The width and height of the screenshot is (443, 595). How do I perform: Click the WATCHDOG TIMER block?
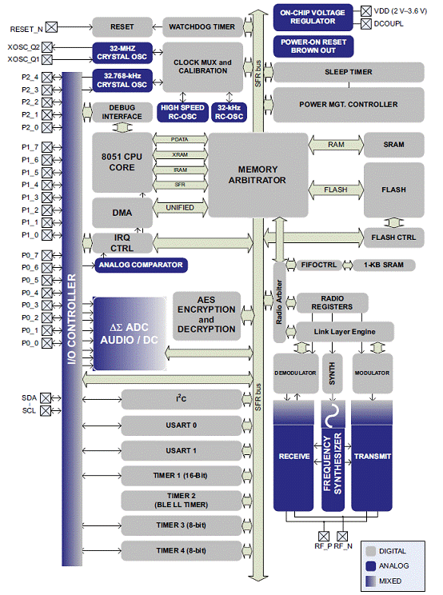coord(202,27)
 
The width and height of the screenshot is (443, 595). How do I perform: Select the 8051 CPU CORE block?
coord(122,162)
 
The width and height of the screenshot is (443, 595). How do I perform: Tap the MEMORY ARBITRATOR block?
coord(257,175)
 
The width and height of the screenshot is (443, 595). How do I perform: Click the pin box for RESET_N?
coord(51,27)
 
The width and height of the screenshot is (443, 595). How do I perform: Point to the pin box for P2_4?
coord(47,78)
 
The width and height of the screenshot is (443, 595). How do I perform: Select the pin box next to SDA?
coord(46,398)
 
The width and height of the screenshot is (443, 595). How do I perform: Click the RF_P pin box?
coord(324,536)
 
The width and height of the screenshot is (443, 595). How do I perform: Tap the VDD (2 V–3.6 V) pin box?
coord(366,11)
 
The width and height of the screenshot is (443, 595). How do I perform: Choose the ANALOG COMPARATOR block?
coord(141,265)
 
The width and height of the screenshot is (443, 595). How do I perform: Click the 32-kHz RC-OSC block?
coord(229,112)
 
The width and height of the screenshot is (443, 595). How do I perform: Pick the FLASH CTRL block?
coord(393,238)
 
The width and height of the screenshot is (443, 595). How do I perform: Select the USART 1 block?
coord(182,451)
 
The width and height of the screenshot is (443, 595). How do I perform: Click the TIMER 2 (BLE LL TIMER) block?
coord(182,501)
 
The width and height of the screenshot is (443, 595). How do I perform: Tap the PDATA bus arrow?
coord(180,140)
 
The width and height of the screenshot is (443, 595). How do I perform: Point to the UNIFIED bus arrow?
coord(180,208)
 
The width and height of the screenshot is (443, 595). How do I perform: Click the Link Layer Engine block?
coord(345,332)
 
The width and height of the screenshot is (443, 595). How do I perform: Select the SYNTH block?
coord(333,373)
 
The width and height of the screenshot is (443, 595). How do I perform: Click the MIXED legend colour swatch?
coord(370,581)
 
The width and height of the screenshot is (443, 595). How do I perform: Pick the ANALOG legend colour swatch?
coord(370,565)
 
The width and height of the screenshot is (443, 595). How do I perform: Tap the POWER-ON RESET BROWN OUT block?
coord(313,46)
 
